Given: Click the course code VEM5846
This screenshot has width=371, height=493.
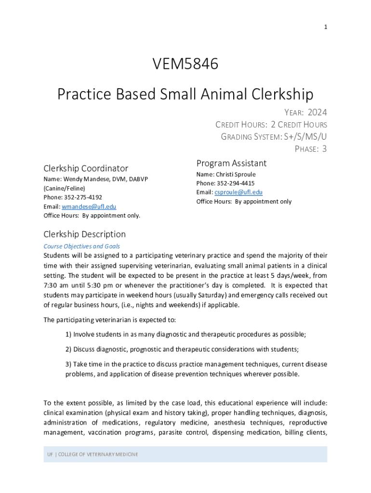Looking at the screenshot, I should (185, 64).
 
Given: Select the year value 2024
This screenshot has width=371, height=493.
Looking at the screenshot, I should (317, 113).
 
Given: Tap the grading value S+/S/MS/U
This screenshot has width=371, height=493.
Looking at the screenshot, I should (305, 137).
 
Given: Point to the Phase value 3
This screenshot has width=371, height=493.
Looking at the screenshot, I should (324, 149).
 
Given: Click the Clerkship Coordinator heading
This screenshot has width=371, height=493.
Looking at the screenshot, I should (86, 169).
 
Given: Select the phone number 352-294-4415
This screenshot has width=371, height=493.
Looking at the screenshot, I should (236, 183).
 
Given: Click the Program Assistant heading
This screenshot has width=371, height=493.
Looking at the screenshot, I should (231, 163).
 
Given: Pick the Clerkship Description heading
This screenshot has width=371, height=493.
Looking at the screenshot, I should (84, 234).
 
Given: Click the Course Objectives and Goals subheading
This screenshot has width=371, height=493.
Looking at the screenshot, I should (82, 246).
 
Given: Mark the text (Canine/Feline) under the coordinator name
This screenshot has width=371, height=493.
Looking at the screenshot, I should (64, 188).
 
